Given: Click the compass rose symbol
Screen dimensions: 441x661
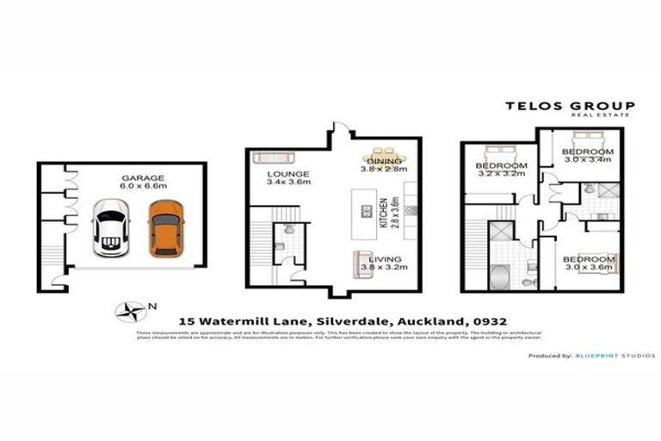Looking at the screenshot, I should [x=128, y=308].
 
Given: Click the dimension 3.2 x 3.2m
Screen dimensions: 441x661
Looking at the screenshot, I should [x=501, y=173].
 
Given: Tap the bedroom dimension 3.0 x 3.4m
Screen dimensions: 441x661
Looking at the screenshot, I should [x=589, y=159].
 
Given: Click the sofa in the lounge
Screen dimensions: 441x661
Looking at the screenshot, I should [x=263, y=157].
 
